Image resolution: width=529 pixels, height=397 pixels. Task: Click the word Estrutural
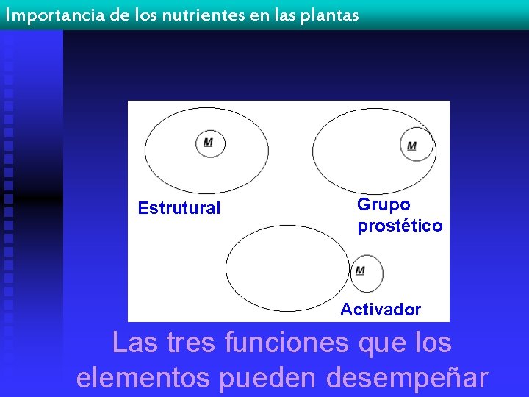179,208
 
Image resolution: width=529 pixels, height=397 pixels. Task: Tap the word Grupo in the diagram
384,204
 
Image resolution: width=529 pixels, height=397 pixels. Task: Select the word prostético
400,226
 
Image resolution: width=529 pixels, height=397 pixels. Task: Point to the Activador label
380,310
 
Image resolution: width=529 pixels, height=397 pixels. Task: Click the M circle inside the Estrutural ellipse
209,142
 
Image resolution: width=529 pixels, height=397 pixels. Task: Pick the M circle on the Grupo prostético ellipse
413,145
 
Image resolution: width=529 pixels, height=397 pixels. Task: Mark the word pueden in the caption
267,377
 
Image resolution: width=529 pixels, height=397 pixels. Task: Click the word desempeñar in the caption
406,377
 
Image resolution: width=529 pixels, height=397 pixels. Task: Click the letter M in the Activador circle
360,271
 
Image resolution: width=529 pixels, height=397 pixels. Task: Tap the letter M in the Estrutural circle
209,142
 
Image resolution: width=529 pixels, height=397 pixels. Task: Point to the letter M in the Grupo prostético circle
411,146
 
